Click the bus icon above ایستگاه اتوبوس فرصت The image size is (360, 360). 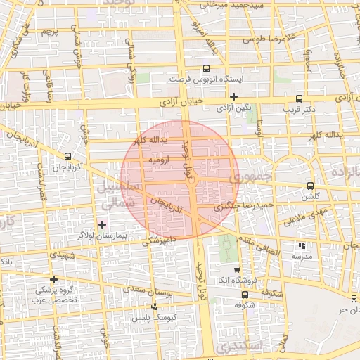click(206, 69)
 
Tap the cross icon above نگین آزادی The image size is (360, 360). click(234, 96)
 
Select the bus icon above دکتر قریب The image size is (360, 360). click(300, 98)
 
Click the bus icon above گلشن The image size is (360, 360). click(310, 186)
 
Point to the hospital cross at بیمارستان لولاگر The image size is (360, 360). click(103, 224)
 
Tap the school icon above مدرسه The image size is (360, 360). click(302, 246)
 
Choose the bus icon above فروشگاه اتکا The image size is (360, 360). click(236, 269)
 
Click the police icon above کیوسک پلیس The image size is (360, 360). click(155, 307)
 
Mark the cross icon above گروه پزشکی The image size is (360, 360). click(53, 279)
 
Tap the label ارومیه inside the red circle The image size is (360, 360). click(157, 160)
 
